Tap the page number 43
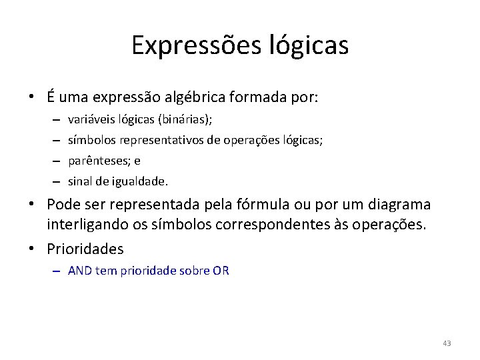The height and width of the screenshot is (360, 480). pos(447,343)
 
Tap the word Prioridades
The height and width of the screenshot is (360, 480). pos(85,249)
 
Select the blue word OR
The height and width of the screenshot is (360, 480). pos(221,271)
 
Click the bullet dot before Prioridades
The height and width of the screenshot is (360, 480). pos(32,249)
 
